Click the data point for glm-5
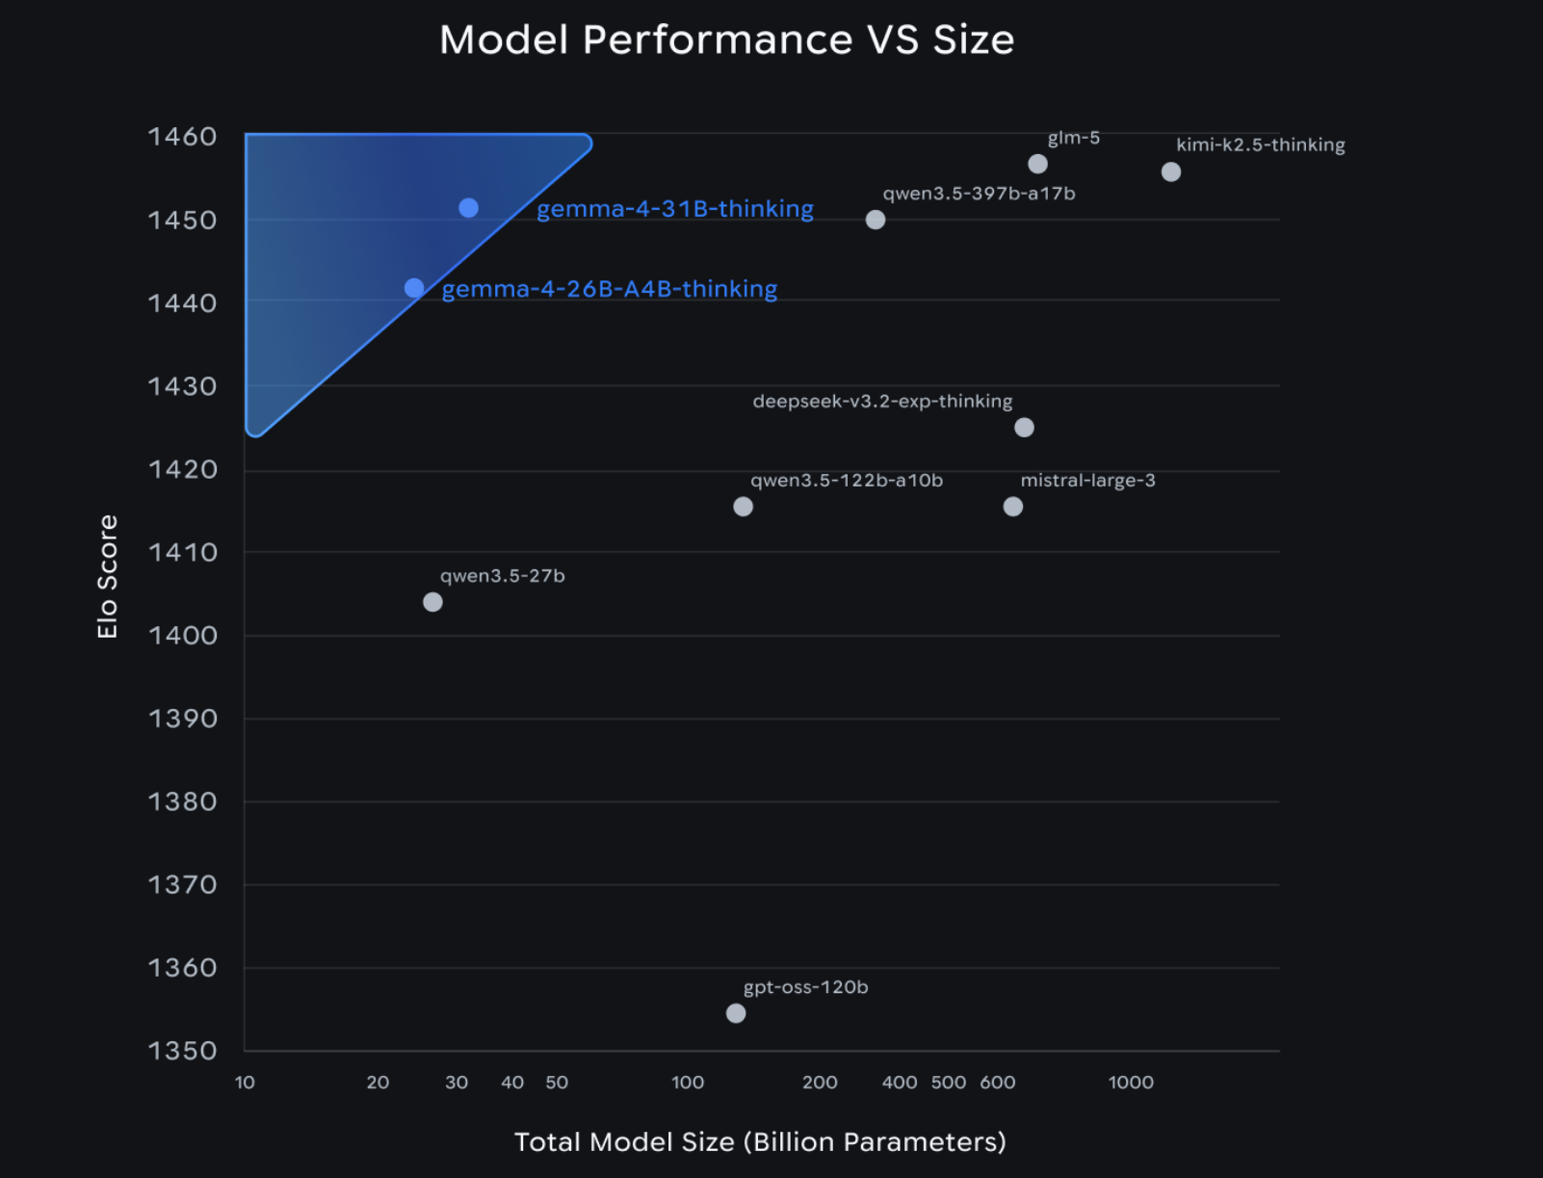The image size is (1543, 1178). click(1037, 164)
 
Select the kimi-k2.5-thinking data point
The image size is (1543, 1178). click(1171, 171)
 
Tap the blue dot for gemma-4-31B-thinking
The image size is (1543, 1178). click(469, 208)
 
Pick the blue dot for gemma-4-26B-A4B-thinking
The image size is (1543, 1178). click(414, 288)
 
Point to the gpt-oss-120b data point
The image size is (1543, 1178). click(736, 1013)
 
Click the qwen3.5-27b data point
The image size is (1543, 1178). click(433, 602)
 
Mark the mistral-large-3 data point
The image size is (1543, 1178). click(1013, 507)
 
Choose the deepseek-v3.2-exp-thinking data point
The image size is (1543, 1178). click(1024, 428)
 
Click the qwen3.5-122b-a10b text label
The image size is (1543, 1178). click(847, 481)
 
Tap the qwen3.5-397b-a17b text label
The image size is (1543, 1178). click(980, 194)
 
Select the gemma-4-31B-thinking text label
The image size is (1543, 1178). click(675, 209)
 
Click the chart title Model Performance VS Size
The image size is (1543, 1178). click(727, 39)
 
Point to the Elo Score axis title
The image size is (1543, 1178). click(107, 576)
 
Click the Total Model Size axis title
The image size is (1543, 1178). click(761, 1142)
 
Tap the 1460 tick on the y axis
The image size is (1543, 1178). click(183, 137)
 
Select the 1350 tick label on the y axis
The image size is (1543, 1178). click(183, 1051)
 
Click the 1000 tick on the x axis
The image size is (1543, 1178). click(1131, 1083)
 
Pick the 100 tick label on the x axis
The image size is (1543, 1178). click(688, 1083)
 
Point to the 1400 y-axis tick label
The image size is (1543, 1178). click(183, 636)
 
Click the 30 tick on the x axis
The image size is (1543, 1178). click(457, 1083)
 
